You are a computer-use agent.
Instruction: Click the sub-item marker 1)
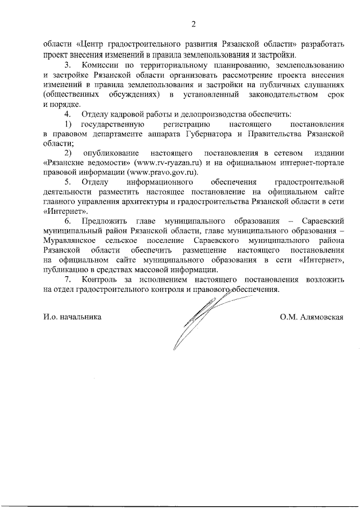click(x=68, y=124)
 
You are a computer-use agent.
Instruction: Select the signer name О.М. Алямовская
click(x=312, y=317)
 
